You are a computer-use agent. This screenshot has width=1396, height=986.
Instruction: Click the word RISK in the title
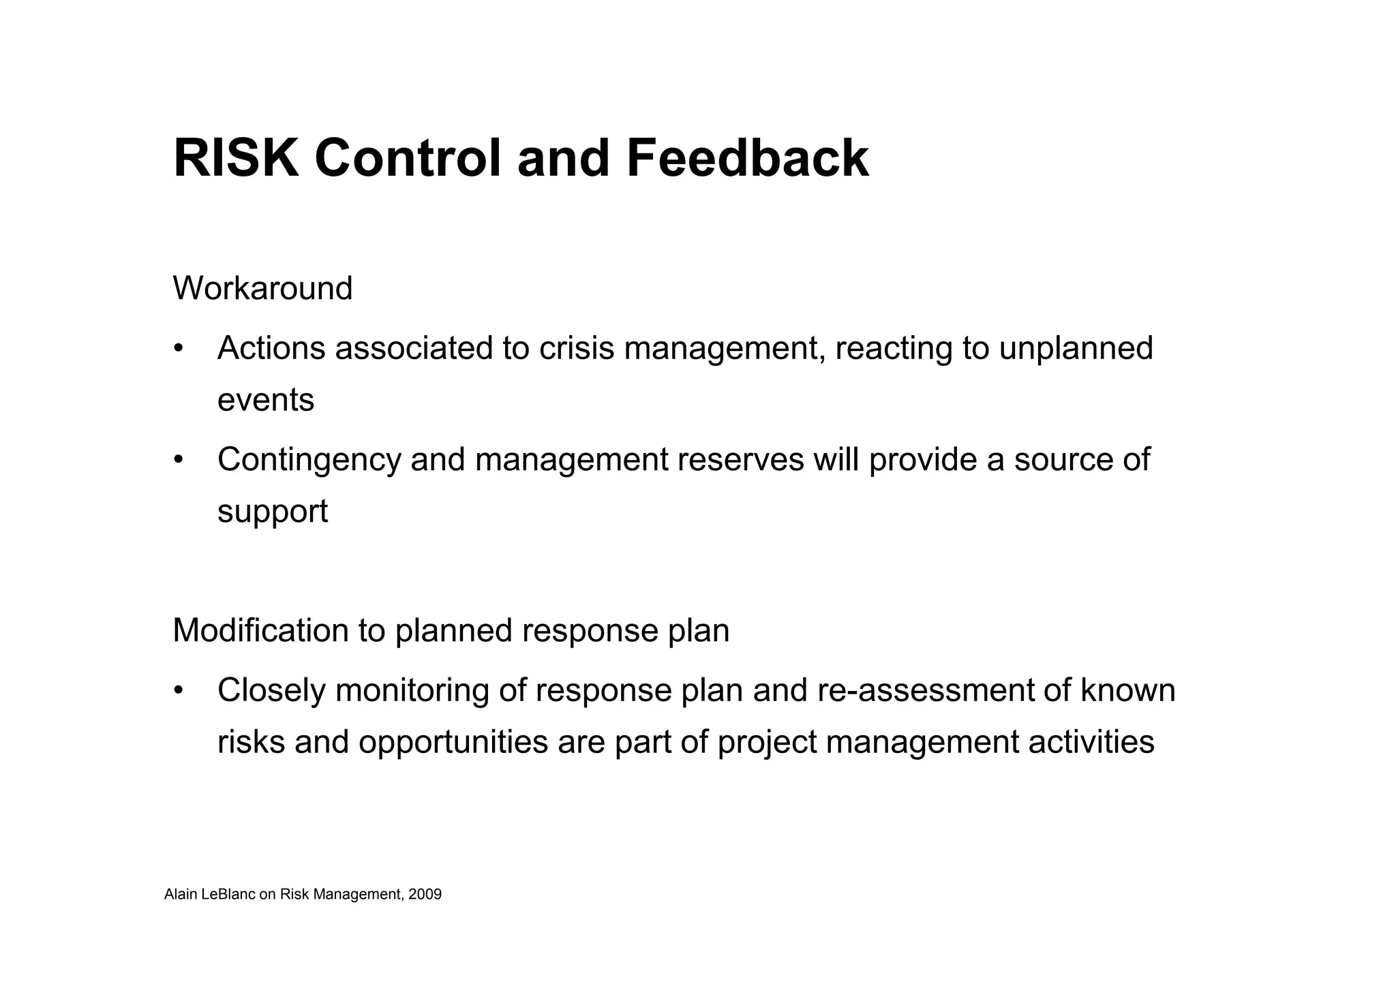(236, 159)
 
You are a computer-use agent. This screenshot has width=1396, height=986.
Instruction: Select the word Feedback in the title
(747, 159)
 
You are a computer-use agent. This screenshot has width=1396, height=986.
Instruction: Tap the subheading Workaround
(262, 288)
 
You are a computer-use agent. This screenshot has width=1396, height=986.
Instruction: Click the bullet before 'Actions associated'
(179, 348)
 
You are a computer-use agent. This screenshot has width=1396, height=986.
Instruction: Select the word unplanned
(1076, 348)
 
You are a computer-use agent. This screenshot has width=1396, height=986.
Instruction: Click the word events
(266, 400)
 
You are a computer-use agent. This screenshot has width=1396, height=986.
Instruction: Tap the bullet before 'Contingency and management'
(179, 460)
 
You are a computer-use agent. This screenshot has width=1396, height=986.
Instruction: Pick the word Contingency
(309, 460)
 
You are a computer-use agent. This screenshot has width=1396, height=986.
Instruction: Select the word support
(273, 512)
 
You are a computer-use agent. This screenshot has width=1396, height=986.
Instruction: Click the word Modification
(260, 630)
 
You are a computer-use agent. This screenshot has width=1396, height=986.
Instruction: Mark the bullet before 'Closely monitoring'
(179, 690)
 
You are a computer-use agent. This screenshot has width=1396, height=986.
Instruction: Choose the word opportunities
(453, 742)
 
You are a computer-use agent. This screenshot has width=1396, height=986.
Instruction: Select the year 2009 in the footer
(425, 895)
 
